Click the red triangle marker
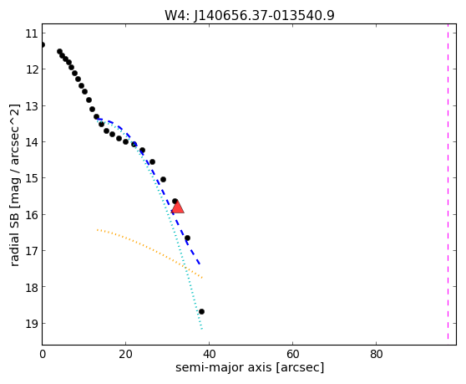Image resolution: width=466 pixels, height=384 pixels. tap(178, 207)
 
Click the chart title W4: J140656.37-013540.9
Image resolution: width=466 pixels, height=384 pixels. tap(250, 16)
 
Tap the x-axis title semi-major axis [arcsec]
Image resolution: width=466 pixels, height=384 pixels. tap(250, 367)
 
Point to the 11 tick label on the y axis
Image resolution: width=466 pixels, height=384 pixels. tap(32, 33)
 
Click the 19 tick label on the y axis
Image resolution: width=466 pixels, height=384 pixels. tap(32, 323)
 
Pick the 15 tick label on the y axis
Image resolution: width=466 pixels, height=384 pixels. tap(32, 178)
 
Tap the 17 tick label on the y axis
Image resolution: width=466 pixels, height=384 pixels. tap(32, 251)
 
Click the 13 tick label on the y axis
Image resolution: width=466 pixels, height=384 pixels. tap(32, 106)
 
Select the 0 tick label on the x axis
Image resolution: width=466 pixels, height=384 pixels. tap(43, 355)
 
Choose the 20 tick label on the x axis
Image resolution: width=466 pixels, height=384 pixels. tap(126, 355)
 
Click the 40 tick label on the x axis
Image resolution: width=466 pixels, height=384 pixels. tap(210, 355)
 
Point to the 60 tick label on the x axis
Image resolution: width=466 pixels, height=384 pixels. tap(293, 355)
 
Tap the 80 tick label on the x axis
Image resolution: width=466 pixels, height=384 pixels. tap(377, 355)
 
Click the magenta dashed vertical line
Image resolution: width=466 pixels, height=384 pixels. tap(448, 182)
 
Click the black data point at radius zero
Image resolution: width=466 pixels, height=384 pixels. tap(43, 44)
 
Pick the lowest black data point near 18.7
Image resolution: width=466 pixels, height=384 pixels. tap(201, 312)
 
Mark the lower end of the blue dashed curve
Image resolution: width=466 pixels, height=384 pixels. tap(200, 264)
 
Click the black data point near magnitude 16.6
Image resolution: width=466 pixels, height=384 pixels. tap(187, 238)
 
